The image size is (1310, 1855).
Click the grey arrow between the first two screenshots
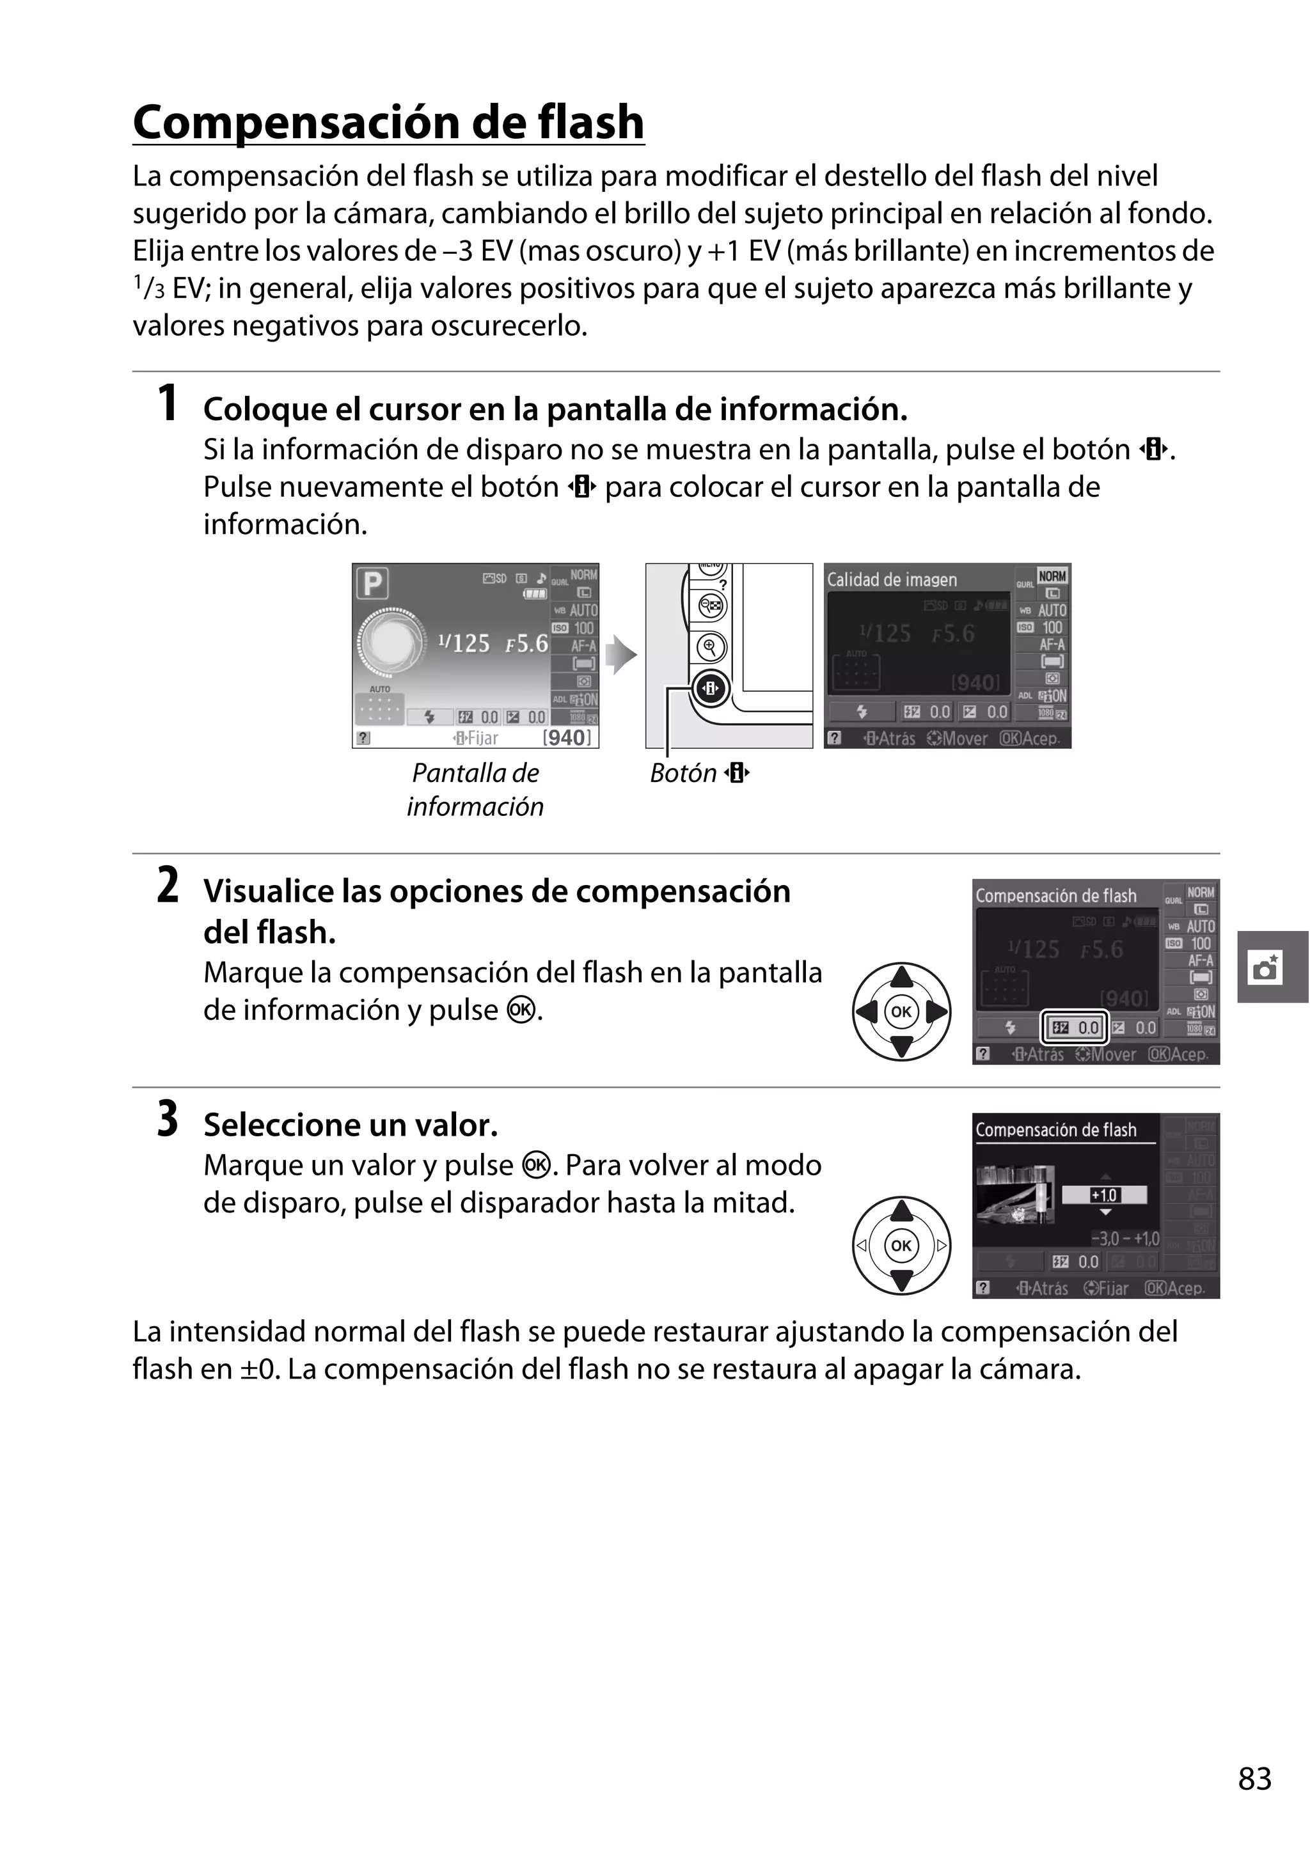click(620, 654)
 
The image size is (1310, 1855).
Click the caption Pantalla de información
click(475, 789)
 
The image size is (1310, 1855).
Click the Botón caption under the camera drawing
click(699, 773)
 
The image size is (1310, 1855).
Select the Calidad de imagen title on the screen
click(892, 579)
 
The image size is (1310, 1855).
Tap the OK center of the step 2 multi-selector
click(901, 1012)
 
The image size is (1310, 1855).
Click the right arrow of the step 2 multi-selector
click(938, 1012)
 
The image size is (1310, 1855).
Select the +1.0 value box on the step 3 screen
click(1104, 1195)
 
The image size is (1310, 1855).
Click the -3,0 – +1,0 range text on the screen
click(1124, 1239)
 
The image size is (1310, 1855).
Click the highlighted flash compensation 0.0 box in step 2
click(1074, 1028)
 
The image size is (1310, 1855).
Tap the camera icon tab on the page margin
click(1267, 967)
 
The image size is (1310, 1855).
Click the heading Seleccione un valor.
click(350, 1125)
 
